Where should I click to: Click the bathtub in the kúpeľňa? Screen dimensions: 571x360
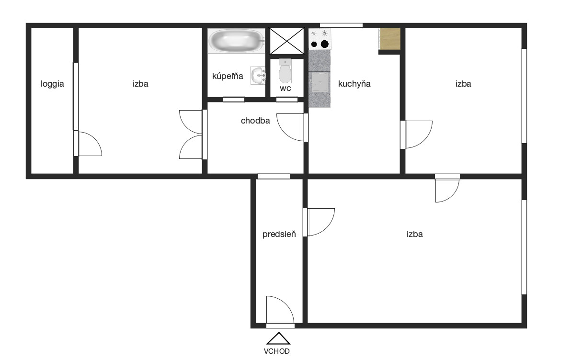click(x=237, y=41)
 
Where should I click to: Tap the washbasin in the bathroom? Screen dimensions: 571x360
click(x=258, y=76)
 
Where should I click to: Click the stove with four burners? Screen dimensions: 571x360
click(x=320, y=39)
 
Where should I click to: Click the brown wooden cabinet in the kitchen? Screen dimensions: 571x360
click(x=390, y=39)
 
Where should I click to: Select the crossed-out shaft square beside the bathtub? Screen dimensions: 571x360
click(x=286, y=40)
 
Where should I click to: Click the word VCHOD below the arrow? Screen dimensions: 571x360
click(x=277, y=351)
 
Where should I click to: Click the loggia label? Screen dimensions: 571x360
click(x=52, y=84)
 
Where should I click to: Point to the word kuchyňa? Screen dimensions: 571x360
click(x=354, y=84)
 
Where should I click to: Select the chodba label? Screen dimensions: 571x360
click(x=255, y=121)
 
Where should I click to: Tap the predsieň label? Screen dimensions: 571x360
click(x=279, y=234)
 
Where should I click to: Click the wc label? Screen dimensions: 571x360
click(x=285, y=88)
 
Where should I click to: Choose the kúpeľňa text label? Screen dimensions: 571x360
click(x=228, y=76)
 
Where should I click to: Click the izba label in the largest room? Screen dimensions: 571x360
click(x=415, y=234)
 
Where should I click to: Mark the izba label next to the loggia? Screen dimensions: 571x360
click(x=140, y=84)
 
